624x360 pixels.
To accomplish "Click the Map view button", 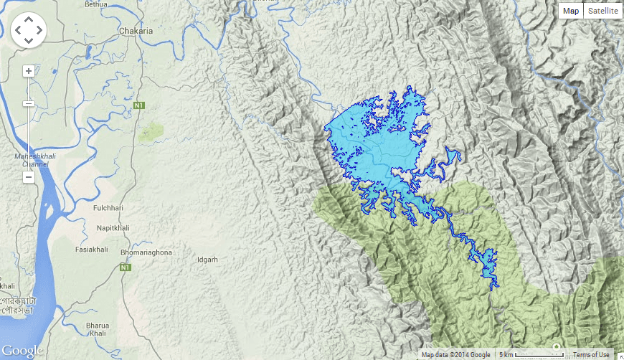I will pos(571,11).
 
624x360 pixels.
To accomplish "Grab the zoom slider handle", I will pos(29,104).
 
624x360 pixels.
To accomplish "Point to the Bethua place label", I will pos(96,4).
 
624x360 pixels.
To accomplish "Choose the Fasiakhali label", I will pos(92,250).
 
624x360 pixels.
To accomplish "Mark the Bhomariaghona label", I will pos(146,253).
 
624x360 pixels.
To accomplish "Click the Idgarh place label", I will pos(207,260).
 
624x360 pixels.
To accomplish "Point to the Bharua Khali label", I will pos(98,330).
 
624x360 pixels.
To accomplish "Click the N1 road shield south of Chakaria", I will pos(138,106).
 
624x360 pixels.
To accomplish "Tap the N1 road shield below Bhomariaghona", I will pos(125,267).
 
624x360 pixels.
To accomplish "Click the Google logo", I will pos(22,351).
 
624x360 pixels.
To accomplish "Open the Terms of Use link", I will pos(591,355).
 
